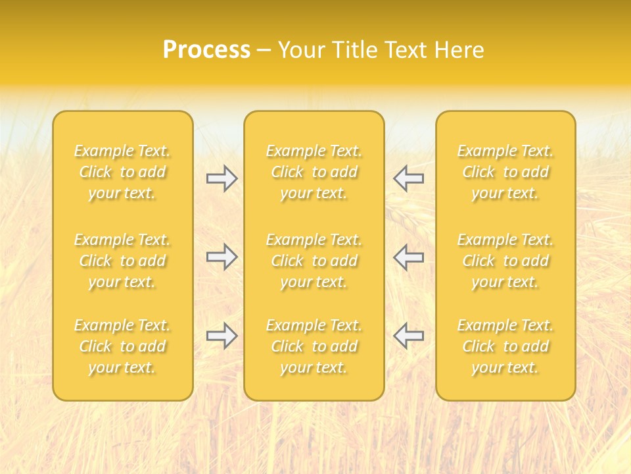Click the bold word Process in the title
click(x=206, y=50)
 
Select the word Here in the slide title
click(x=459, y=50)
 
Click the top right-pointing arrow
click(x=222, y=178)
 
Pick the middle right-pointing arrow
click(x=222, y=257)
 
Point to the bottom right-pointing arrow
click(x=222, y=336)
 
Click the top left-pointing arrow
click(x=408, y=178)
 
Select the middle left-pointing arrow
click(x=408, y=257)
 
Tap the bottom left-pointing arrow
click(x=408, y=336)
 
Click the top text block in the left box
click(x=122, y=172)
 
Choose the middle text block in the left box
click(x=122, y=261)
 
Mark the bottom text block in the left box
click(x=122, y=346)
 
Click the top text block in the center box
click(x=314, y=172)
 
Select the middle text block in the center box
click(x=314, y=261)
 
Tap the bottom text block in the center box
click(x=314, y=346)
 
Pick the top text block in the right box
click(x=505, y=172)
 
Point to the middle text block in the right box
click(x=505, y=261)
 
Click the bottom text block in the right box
click(x=505, y=346)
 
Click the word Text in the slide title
click(x=408, y=50)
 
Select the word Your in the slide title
click(x=301, y=50)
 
